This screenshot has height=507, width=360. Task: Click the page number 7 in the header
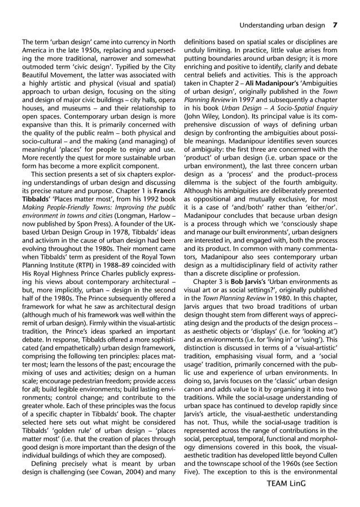(x=335, y=25)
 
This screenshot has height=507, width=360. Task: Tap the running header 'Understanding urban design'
(x=282, y=25)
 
